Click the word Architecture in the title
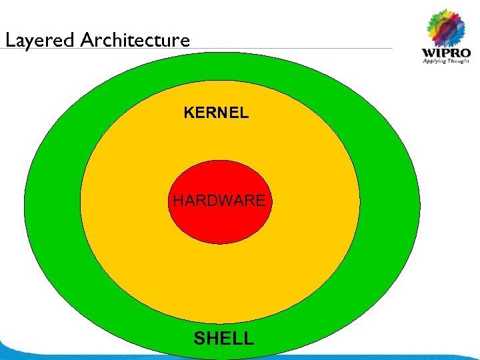(135, 41)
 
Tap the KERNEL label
(216, 113)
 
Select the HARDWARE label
(219, 200)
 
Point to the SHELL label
(224, 339)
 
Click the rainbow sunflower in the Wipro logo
(445, 27)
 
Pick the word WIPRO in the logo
(445, 53)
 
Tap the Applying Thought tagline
(445, 62)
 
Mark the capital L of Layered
(9, 41)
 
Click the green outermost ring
(53, 200)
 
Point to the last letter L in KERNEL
(245, 113)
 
